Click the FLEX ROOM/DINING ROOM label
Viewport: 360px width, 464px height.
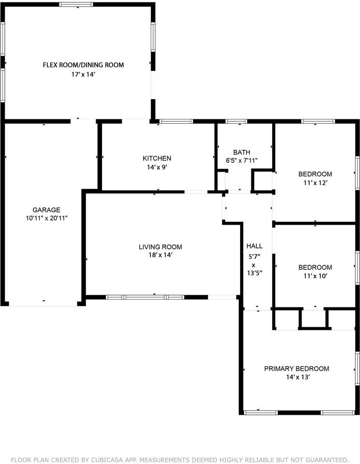click(83, 65)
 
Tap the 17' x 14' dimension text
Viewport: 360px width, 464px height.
click(83, 74)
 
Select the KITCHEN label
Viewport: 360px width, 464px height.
click(157, 158)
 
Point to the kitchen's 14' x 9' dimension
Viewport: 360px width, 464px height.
click(157, 167)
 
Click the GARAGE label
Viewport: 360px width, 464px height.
click(46, 210)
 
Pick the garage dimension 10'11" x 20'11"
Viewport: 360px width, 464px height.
click(46, 218)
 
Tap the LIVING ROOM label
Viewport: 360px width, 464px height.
click(160, 247)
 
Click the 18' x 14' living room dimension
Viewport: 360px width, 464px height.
click(160, 256)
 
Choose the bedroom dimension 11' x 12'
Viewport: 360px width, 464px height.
click(315, 183)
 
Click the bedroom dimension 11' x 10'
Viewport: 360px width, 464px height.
click(315, 276)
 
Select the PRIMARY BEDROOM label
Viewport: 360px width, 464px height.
click(296, 369)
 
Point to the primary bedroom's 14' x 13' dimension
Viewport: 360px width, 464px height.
click(296, 377)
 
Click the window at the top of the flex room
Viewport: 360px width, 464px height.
click(76, 4)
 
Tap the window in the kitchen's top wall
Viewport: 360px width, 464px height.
click(176, 121)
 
